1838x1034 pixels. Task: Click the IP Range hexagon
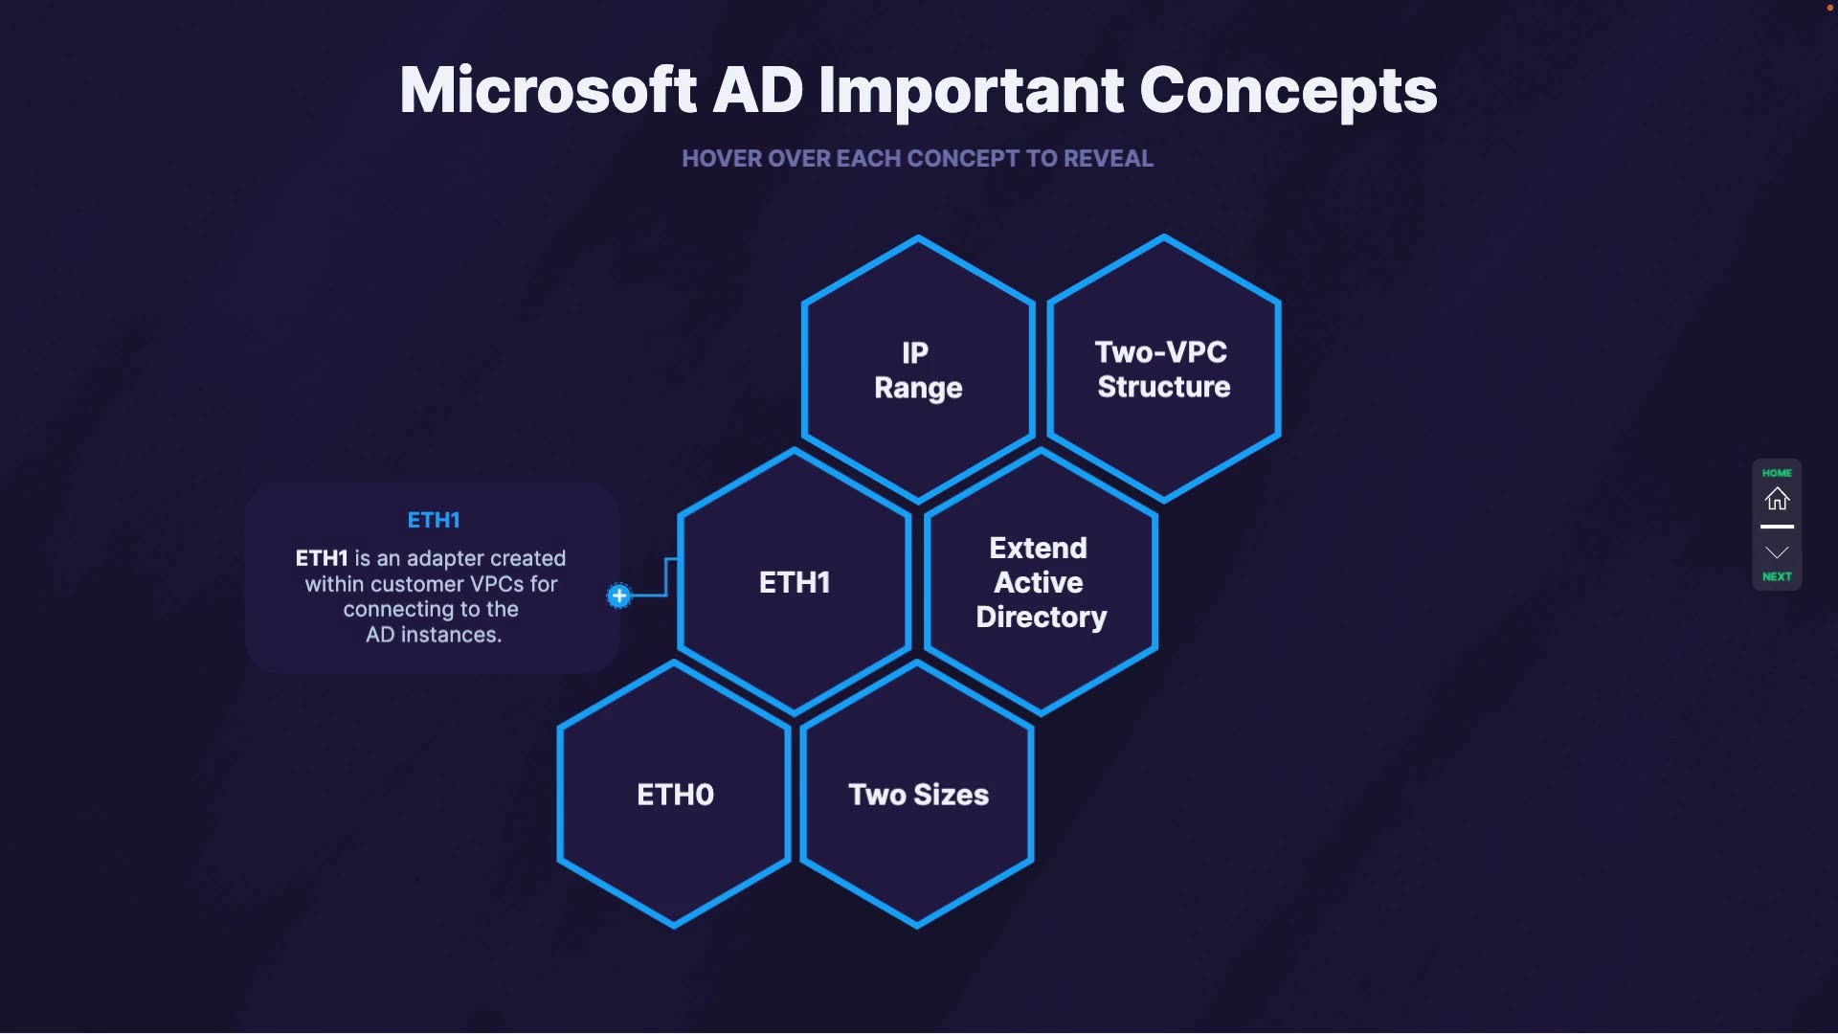point(918,370)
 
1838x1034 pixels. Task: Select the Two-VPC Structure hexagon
point(1163,370)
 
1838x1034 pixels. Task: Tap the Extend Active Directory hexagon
point(1041,582)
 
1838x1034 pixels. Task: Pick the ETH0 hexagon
point(675,795)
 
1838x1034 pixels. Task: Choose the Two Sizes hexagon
point(918,795)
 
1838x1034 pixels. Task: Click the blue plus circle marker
point(619,596)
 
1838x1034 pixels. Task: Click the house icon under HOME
point(1777,499)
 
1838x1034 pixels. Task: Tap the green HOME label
point(1777,473)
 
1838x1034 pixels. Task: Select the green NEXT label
point(1777,576)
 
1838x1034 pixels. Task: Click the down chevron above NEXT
point(1777,552)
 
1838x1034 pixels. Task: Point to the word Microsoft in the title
point(548,91)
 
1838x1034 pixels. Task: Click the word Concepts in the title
point(1288,91)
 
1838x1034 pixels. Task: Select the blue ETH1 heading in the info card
point(434,520)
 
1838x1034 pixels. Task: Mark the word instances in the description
point(451,635)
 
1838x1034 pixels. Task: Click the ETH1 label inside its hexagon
point(794,582)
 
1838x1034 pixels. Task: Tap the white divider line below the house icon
point(1777,527)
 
